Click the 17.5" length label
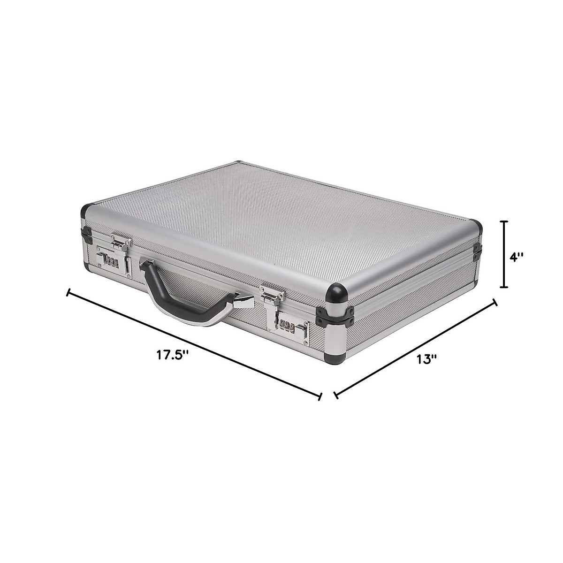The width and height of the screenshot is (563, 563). tap(172, 354)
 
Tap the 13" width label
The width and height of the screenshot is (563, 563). tap(426, 359)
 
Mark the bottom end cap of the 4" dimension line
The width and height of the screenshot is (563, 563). tap(504, 287)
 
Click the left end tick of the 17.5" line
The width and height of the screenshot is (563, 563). tap(69, 293)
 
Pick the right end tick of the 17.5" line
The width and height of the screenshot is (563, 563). tap(320, 396)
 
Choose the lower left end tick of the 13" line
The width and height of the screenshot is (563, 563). tap(335, 395)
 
